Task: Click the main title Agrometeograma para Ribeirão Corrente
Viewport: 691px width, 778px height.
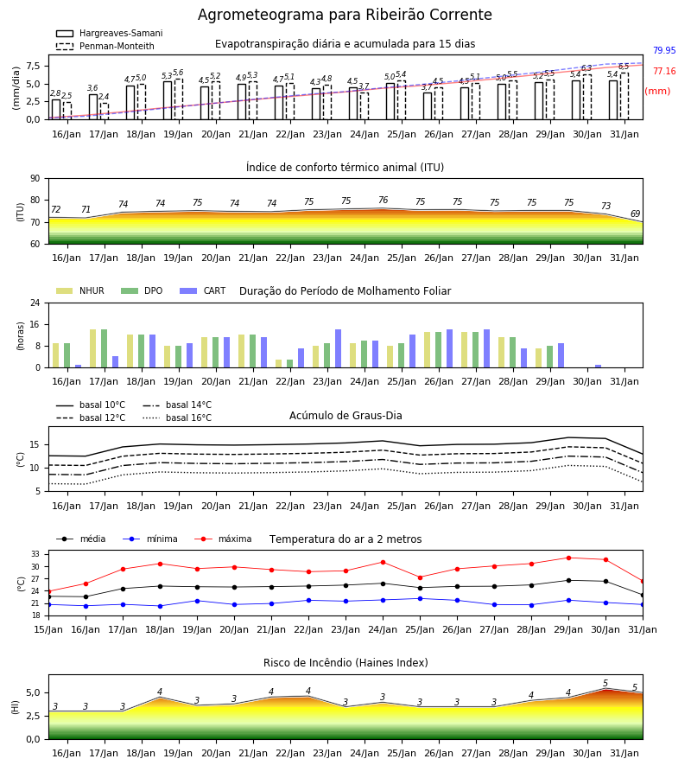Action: pyautogui.click(x=345, y=15)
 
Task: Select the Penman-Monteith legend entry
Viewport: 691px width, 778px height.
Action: pyautogui.click(x=105, y=46)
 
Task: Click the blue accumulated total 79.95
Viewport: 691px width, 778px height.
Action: pyautogui.click(x=664, y=50)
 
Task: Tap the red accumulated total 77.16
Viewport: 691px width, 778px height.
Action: pyautogui.click(x=664, y=71)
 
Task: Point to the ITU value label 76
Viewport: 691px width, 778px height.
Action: pyautogui.click(x=384, y=200)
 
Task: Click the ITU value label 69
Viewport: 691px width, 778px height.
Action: pyautogui.click(x=635, y=214)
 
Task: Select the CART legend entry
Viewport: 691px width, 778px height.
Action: pyautogui.click(x=203, y=290)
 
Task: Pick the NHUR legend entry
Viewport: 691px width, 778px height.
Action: pyautogui.click(x=80, y=290)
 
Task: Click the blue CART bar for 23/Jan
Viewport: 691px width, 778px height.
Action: pyautogui.click(x=338, y=348)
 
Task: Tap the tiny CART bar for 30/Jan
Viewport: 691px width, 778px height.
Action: pyautogui.click(x=599, y=367)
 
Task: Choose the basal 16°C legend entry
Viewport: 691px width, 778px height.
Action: pyautogui.click(x=177, y=418)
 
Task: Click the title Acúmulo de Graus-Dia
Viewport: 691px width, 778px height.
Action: pyautogui.click(x=345, y=415)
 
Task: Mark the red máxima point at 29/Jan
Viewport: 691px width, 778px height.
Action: pyautogui.click(x=568, y=558)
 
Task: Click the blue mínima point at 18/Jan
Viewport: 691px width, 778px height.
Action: pyautogui.click(x=160, y=606)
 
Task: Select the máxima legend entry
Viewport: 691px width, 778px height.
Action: pyautogui.click(x=223, y=539)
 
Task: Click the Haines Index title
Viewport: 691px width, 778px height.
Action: pyautogui.click(x=345, y=663)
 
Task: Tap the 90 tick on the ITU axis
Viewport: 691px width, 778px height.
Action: pyautogui.click(x=35, y=179)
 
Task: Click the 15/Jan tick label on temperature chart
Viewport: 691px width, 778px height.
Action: pyautogui.click(x=48, y=629)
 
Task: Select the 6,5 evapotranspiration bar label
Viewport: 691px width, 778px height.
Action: pyautogui.click(x=624, y=67)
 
